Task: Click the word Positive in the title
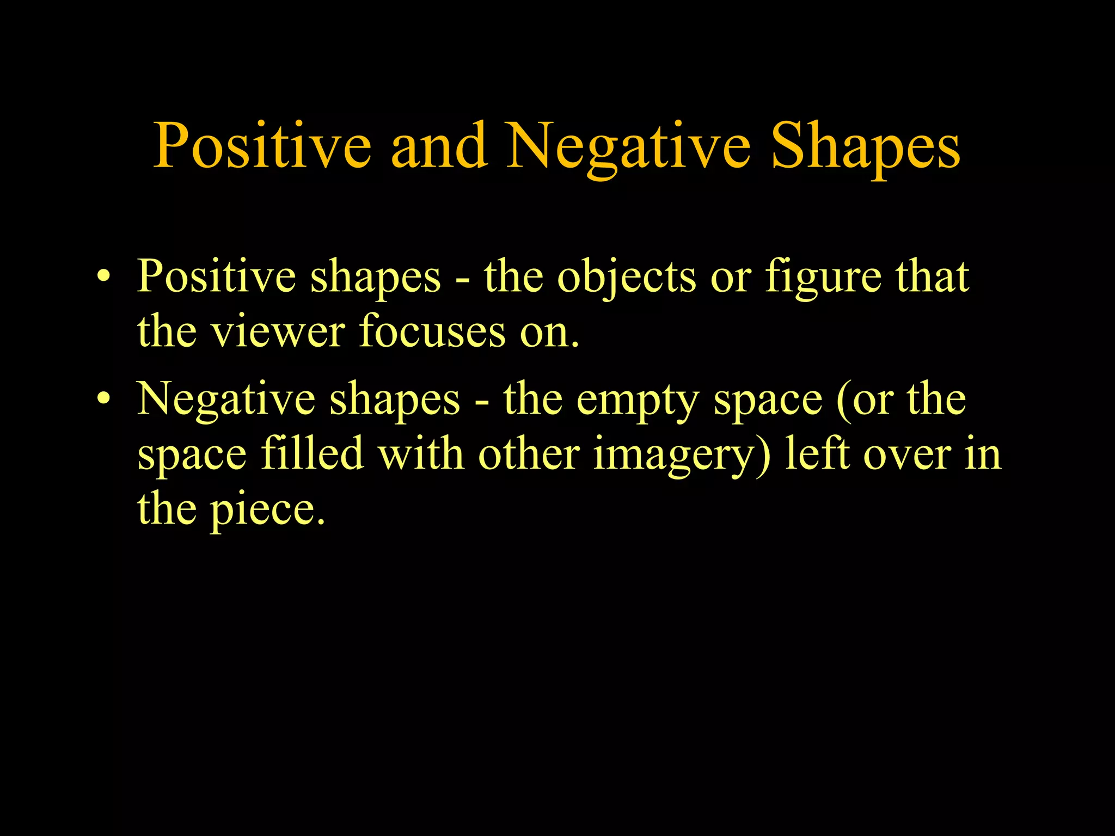(x=262, y=146)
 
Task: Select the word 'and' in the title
(x=439, y=146)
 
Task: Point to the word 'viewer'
(x=278, y=331)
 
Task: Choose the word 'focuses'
(x=432, y=331)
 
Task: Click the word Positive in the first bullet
(x=216, y=277)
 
